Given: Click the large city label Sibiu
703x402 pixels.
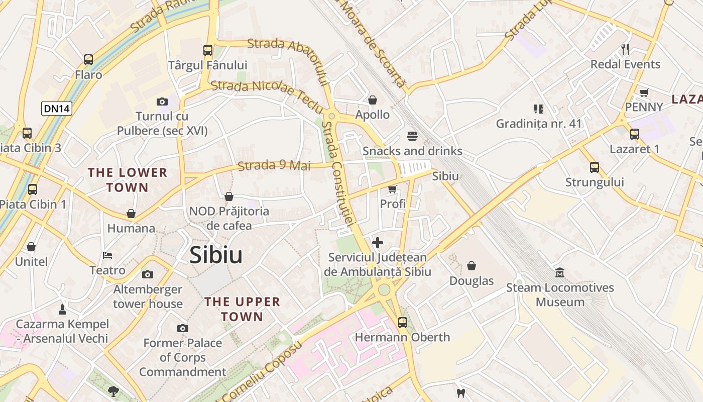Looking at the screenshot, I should pos(216,255).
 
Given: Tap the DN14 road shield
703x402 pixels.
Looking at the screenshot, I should pos(57,109).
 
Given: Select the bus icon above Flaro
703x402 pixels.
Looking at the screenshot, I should pos(88,60).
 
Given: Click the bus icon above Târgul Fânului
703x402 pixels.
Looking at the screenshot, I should pos(208,50).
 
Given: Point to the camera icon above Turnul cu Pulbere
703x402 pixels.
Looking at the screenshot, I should pos(162,102).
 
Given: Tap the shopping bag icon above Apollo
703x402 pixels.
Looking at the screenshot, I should pos(373,100).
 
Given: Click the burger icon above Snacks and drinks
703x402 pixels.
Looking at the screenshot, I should pos(412,136).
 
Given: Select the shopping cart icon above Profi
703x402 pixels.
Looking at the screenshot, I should pos(393,189).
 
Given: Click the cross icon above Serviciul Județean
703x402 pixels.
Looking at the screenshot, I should pos(378,243).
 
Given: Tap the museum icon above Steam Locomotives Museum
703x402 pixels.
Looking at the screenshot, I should pos(560,273).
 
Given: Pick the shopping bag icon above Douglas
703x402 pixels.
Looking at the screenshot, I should pos(472,266).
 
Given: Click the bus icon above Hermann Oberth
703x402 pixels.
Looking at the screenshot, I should pos(402,322).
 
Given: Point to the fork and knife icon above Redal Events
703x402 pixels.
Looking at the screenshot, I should pos(625,49).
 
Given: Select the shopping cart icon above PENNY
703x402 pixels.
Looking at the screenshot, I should pos(644,92).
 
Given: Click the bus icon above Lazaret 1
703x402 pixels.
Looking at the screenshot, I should pos(635,134).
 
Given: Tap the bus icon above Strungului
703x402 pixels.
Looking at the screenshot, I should pos(595,167).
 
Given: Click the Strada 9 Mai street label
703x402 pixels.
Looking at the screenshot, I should pos(274,165).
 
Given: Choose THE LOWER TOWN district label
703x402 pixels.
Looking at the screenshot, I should pos(128,180).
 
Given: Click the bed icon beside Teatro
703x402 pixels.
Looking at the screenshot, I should pos(107,255).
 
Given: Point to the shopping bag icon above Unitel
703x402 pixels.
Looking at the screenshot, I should pos(31,247).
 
